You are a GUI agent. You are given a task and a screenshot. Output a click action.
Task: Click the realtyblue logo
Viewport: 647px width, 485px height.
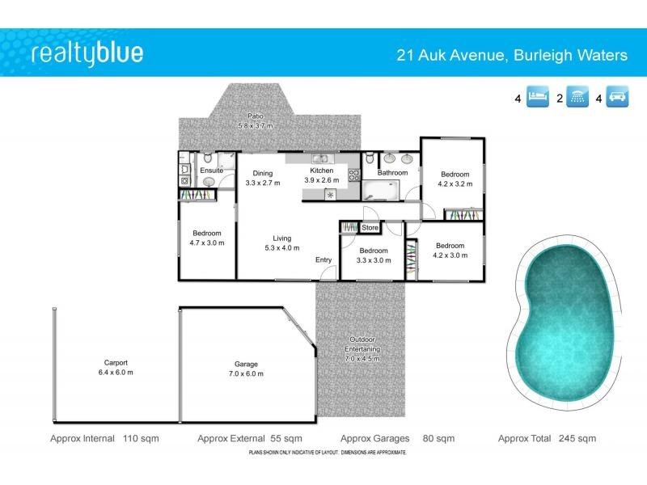click(87, 54)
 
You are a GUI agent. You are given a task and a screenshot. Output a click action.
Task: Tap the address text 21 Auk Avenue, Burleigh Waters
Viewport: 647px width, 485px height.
click(511, 56)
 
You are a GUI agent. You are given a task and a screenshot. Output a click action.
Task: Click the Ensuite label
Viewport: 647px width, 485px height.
click(211, 171)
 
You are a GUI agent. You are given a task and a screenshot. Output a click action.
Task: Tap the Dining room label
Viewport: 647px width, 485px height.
click(262, 173)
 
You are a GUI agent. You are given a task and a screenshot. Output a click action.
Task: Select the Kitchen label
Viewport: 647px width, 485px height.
click(322, 170)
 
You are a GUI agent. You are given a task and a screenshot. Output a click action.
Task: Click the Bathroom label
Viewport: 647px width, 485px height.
click(391, 172)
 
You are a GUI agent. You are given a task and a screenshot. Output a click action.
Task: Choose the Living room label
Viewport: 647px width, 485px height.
click(281, 238)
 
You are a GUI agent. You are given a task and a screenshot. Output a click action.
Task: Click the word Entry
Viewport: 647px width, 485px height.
click(323, 259)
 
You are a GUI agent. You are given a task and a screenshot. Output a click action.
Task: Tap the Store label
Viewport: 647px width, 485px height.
click(370, 228)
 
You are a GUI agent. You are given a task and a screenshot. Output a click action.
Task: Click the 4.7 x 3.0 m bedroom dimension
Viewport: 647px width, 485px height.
click(206, 242)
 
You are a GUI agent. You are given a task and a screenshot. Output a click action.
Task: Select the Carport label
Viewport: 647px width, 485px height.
click(116, 363)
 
